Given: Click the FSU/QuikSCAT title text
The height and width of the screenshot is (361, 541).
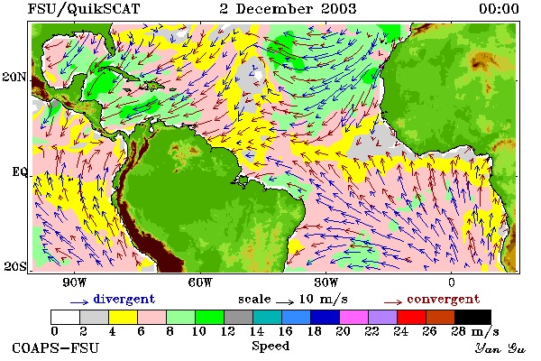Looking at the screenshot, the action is coord(84,9).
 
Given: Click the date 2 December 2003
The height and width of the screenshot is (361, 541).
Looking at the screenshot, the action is coord(288,9).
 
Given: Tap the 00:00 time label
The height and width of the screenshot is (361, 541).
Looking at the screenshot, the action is coord(499,9).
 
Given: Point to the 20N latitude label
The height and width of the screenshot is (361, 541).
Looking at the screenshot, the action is coord(14,77).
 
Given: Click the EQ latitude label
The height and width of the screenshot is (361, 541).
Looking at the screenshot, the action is coord(20,171).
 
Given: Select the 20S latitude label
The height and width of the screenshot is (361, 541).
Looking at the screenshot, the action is coord(15,266).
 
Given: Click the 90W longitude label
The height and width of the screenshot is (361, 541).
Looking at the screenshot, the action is coord(74,282).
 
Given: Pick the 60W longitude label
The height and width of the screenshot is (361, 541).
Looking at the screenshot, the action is coord(200,282).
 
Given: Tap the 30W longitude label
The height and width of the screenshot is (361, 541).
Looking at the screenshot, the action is coord(326,282).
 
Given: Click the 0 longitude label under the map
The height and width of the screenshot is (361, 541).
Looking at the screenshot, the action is coord(452,282).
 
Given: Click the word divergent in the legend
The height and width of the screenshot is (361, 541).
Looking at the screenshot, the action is coord(124,299).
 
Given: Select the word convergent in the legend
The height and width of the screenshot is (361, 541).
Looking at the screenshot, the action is coord(444,299).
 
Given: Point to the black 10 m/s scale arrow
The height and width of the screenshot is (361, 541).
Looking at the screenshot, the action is coord(285,302).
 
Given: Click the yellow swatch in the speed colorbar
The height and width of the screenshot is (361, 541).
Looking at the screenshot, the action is coord(124,317).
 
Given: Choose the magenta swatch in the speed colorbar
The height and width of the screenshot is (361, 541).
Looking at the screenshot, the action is coord(354,317).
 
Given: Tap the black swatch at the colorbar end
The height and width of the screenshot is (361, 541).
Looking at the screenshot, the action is coord(472,317).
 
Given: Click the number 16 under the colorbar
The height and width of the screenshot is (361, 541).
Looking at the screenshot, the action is coord(286,331).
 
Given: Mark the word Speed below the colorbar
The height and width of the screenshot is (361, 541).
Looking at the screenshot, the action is coord(270,347).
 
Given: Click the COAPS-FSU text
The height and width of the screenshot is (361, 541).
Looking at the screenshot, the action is coord(56,347).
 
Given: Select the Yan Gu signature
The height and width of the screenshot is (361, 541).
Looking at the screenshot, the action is coord(501,348).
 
